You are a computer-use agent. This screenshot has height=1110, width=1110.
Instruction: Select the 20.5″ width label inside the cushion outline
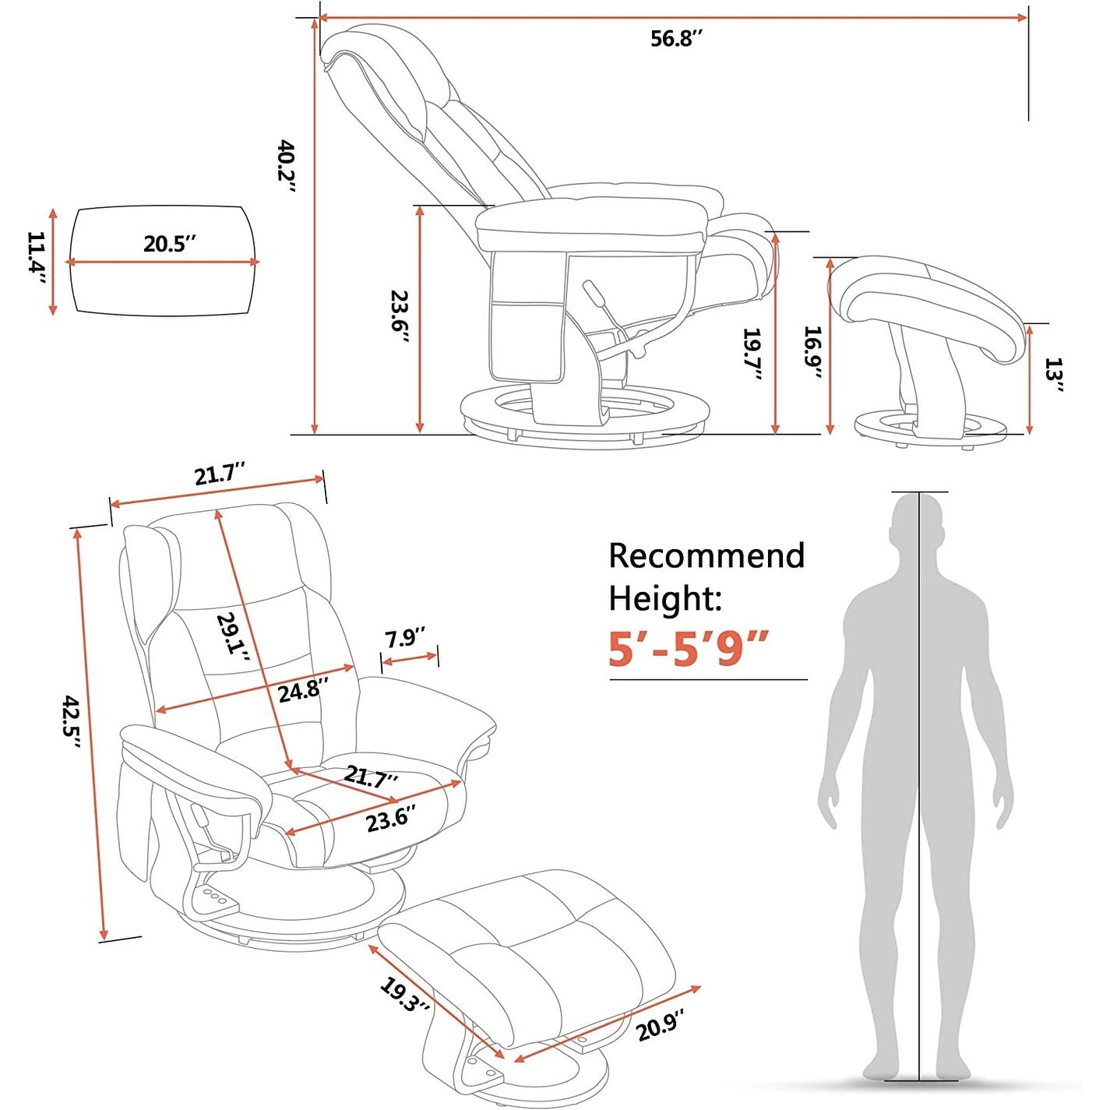coord(168,244)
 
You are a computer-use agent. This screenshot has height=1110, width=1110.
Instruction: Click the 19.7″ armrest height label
coord(752,355)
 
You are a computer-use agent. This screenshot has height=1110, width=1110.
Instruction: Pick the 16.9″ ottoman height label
coord(812,353)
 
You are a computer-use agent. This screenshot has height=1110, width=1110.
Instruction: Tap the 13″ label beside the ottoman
coord(1054,375)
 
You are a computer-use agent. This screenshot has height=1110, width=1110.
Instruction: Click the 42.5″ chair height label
coord(72,722)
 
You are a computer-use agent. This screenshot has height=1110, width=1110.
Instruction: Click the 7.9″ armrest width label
coord(405,638)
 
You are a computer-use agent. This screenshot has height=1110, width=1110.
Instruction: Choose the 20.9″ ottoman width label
coord(661,1024)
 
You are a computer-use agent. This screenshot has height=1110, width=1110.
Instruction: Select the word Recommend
coord(706,555)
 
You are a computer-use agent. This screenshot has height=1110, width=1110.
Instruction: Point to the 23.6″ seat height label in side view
coord(399,320)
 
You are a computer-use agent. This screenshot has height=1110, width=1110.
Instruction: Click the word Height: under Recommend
coord(664,598)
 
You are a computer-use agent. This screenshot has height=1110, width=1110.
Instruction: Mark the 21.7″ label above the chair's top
coord(220,474)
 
